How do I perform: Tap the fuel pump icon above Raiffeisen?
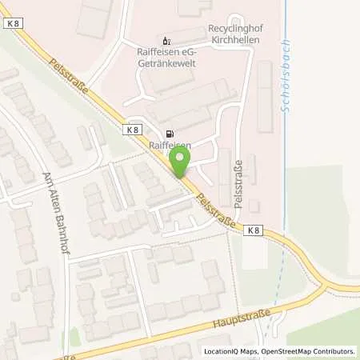point(169,134)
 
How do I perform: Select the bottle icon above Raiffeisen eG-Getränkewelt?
point(166,39)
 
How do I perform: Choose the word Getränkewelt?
point(166,62)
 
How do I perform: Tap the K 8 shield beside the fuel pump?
point(133,128)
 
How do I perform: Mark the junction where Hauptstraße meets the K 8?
point(327,286)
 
